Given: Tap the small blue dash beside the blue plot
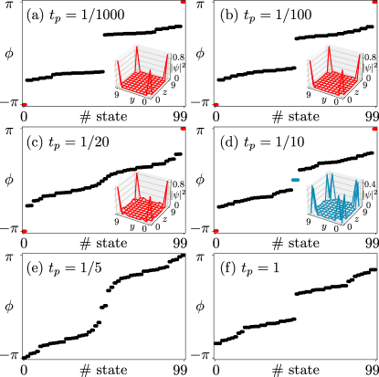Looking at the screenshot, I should coord(295,180).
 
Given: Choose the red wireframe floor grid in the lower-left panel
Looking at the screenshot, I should coord(142,211).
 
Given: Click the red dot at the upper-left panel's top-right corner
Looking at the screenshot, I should coord(183,2).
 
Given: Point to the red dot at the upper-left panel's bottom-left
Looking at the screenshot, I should coord(25,104).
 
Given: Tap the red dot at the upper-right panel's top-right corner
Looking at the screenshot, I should coord(374,2).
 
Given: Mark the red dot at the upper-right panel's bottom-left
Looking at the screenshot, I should coord(216,104).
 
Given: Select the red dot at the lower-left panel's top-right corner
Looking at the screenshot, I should coord(183,129).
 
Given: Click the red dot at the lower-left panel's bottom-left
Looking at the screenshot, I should coord(25,231).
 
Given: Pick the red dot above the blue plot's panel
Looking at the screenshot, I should coord(374,129).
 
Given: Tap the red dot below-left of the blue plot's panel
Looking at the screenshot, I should coord(216,231).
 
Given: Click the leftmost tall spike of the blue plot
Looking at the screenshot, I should coord(312,192).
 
